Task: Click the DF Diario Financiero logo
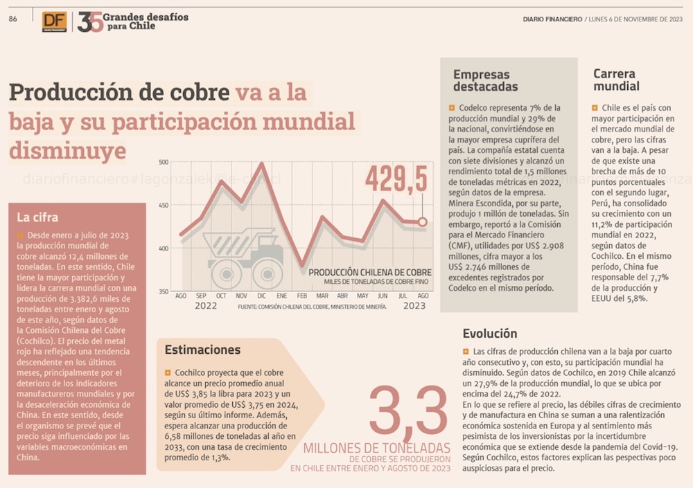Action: [x=55, y=21]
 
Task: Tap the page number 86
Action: [x=12, y=19]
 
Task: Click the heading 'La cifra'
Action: [x=37, y=217]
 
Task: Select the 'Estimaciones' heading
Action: [x=203, y=350]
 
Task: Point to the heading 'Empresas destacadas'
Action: [x=485, y=80]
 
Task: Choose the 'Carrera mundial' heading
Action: [x=616, y=80]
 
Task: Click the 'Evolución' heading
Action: [x=489, y=334]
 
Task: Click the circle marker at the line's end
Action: [x=423, y=222]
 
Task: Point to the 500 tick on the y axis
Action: [x=164, y=162]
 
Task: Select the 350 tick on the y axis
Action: [x=164, y=291]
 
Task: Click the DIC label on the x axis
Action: [x=262, y=296]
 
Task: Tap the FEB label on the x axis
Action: [x=301, y=296]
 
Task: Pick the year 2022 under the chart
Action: [x=206, y=305]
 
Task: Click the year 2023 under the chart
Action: [x=414, y=305]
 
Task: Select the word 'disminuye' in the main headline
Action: [x=68, y=150]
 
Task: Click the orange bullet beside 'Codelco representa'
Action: [x=451, y=108]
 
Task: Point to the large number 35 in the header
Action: [x=90, y=22]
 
